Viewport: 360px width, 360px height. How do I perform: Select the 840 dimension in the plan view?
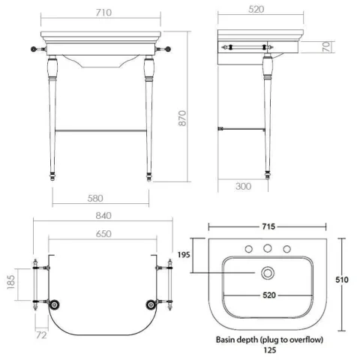click(103, 215)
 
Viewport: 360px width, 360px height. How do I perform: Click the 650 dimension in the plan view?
click(103, 233)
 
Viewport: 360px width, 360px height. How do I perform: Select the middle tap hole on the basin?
click(265, 250)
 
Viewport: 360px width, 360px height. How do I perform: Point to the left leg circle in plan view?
click(55, 304)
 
